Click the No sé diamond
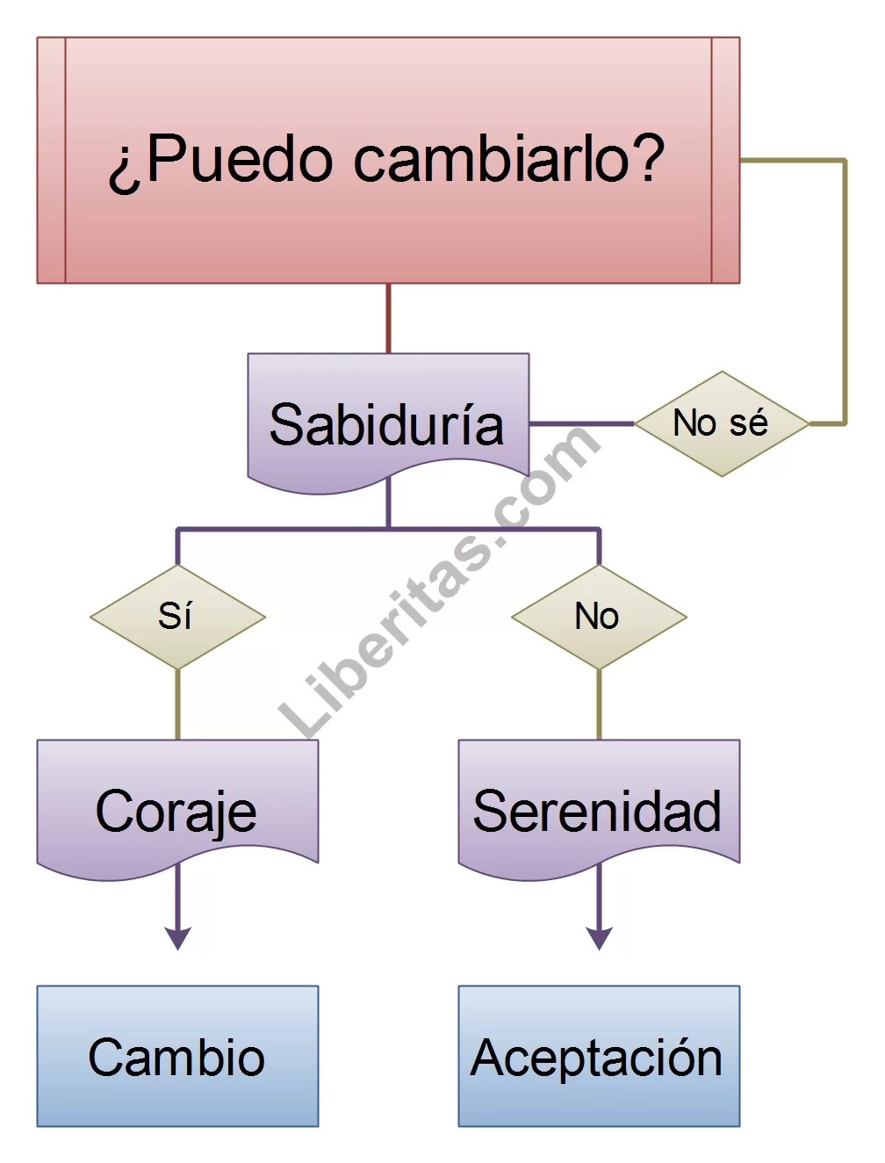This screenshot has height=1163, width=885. click(721, 423)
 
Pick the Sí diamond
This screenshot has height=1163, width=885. click(177, 617)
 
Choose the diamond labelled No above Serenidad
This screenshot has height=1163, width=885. click(598, 617)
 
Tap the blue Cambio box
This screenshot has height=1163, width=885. click(177, 1056)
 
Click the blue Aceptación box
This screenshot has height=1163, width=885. click(598, 1056)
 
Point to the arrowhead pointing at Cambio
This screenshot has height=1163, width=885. click(177, 938)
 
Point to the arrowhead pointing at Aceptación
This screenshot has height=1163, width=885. click(599, 938)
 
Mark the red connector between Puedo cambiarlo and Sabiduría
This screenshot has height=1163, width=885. click(388, 318)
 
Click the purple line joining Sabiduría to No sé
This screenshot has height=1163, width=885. click(581, 423)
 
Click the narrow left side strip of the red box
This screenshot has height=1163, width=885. click(51, 160)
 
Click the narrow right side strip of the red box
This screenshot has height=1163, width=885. click(725, 160)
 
